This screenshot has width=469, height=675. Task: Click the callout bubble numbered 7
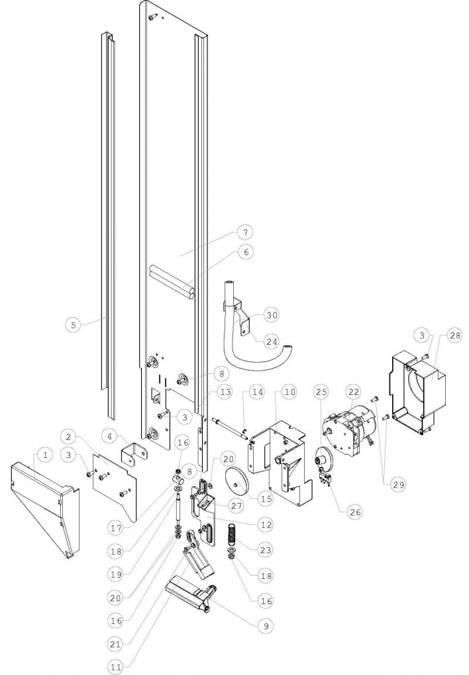pyautogui.click(x=245, y=232)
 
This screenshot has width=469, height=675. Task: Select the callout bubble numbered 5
pyautogui.click(x=74, y=324)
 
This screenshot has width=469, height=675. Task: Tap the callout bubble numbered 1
pyautogui.click(x=45, y=454)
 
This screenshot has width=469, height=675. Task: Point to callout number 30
pyautogui.click(x=272, y=315)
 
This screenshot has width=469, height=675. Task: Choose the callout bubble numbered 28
pyautogui.click(x=443, y=335)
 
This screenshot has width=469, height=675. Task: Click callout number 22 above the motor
pyautogui.click(x=354, y=392)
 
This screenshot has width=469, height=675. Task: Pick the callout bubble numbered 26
pyautogui.click(x=355, y=512)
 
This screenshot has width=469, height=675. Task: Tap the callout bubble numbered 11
pyautogui.click(x=115, y=667)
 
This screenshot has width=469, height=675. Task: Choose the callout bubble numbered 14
pyautogui.click(x=257, y=392)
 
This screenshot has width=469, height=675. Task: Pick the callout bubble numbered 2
pyautogui.click(x=68, y=437)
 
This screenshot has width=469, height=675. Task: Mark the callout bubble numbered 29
pyautogui.click(x=398, y=484)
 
